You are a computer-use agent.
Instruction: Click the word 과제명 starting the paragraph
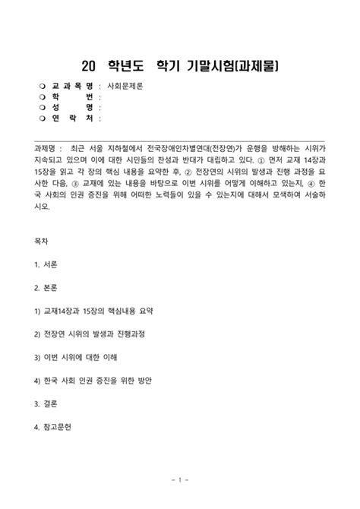(47, 150)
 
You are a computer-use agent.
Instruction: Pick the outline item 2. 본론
(48, 286)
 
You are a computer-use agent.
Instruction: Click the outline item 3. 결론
(48, 403)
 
